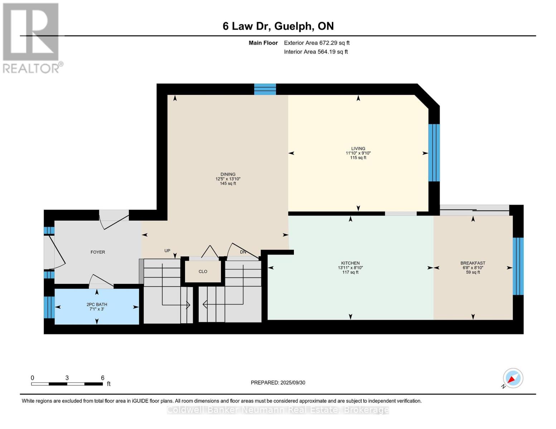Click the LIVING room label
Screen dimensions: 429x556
[358, 148]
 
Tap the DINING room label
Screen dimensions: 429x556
[228, 174]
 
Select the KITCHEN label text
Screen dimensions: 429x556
[350, 263]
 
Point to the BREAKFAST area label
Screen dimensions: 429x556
[473, 263]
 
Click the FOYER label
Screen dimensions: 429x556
[98, 252]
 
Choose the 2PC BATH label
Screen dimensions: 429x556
[97, 305]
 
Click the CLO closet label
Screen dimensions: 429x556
[203, 271]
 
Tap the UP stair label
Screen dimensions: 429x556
[167, 251]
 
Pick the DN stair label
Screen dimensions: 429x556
[243, 252]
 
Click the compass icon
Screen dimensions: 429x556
[513, 378]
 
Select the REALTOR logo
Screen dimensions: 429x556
[32, 38]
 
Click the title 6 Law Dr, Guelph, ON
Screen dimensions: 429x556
[278, 26]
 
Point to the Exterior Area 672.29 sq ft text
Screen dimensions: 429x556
[316, 43]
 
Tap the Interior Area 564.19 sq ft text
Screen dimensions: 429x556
[316, 52]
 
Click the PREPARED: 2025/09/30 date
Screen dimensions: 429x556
[278, 383]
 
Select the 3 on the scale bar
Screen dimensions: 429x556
[67, 378]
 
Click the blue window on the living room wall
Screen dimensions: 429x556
[434, 153]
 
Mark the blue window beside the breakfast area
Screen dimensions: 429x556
[518, 266]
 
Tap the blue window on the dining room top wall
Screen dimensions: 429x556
[265, 89]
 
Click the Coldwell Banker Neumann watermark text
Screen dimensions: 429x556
[278, 410]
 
